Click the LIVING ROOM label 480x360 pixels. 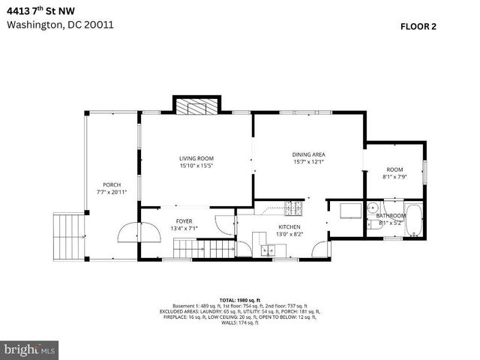196,158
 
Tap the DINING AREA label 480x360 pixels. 308,154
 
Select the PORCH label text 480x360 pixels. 112,184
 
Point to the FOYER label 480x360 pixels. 184,221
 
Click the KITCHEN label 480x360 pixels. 289,226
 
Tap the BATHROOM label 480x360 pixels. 390,215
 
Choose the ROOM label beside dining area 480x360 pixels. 394,169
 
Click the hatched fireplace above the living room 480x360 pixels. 196,107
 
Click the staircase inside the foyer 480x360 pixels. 204,247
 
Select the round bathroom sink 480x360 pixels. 373,209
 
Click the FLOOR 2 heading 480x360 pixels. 418,25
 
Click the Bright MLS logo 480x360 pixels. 30,349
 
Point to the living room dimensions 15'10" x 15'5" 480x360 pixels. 196,166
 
